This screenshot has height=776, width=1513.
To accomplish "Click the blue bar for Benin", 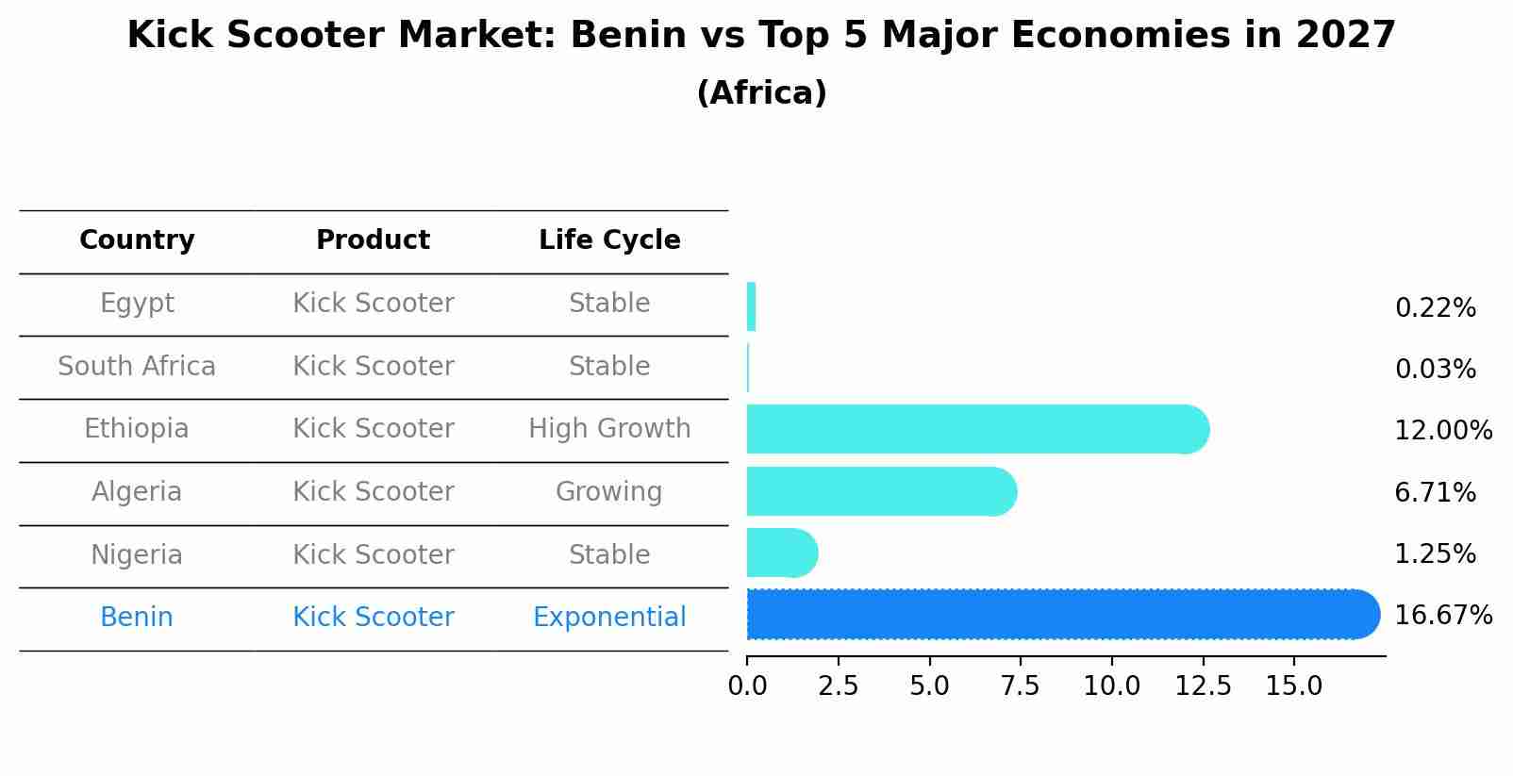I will coord(1061,615).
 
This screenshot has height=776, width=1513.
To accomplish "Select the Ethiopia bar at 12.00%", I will coord(976,429).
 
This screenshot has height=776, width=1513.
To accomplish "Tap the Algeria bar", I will coord(880,491).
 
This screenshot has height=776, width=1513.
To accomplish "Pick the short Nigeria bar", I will coord(781,553).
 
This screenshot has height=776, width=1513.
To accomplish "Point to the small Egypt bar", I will coord(751,306).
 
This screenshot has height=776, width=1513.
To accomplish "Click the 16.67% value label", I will coord(1442,616).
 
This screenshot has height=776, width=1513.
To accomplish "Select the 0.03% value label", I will coord(1435,370).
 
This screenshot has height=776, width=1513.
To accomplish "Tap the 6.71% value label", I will coord(1435,492).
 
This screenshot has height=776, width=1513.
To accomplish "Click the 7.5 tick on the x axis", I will coord(1021,686).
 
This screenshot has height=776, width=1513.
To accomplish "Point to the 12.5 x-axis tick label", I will coord(1203,686).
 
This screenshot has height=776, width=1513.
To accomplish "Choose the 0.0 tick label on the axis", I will coord(747,686).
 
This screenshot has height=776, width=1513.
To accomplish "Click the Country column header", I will coord(137,240).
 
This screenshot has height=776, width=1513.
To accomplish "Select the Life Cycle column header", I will coord(609,240).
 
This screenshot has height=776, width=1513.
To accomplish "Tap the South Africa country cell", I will coord(137,367).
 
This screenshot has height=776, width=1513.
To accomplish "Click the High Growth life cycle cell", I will coord(609,429).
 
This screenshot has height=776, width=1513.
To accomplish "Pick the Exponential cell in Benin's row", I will coord(609,618).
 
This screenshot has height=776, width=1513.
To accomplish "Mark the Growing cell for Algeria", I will coord(609,492).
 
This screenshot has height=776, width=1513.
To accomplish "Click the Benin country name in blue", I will coord(137,618).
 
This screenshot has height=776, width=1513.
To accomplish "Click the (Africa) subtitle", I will coord(761,93).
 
